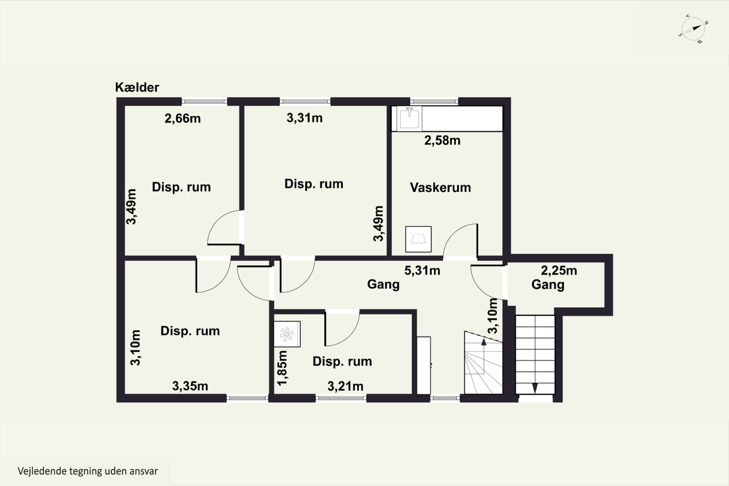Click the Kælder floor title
tap(137, 87)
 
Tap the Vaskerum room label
tap(440, 188)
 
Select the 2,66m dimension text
tap(182, 118)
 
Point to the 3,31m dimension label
tap(304, 118)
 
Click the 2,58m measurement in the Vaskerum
tap(442, 140)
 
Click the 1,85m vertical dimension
tap(282, 368)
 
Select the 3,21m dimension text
tap(345, 386)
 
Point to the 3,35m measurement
tap(190, 386)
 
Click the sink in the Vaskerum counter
tap(409, 118)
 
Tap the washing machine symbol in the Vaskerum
tap(418, 239)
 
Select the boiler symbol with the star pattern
tap(287, 334)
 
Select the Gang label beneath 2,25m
tap(548, 285)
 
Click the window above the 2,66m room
tap(204, 101)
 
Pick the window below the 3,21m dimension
tap(341, 398)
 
